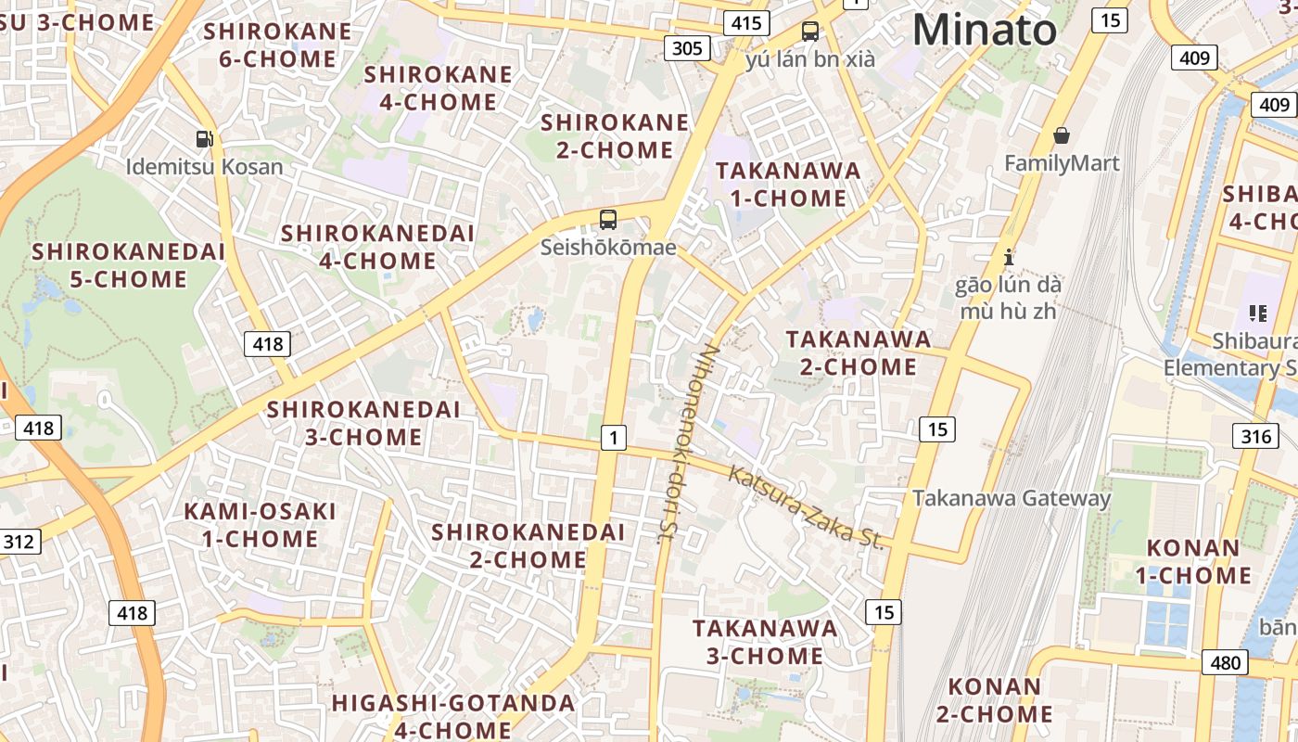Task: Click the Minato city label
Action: (984, 30)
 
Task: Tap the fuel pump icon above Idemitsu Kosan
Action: (205, 139)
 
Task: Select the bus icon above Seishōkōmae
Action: (608, 220)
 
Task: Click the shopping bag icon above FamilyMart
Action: (1062, 135)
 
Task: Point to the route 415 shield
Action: (745, 23)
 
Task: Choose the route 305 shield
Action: (687, 47)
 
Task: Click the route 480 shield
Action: (1225, 662)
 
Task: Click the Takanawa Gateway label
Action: (1012, 498)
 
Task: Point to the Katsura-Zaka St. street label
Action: (805, 507)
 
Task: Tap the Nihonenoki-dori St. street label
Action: (687, 443)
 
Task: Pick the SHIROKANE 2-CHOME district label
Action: (615, 136)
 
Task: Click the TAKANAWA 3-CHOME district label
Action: (765, 642)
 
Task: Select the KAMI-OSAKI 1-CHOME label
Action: (260, 525)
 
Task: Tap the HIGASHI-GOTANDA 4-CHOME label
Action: (453, 716)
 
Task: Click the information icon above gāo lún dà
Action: (1010, 256)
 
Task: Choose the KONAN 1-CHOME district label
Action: (1193, 561)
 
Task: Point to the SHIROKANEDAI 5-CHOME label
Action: (129, 265)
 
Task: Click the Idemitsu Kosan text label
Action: (205, 167)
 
